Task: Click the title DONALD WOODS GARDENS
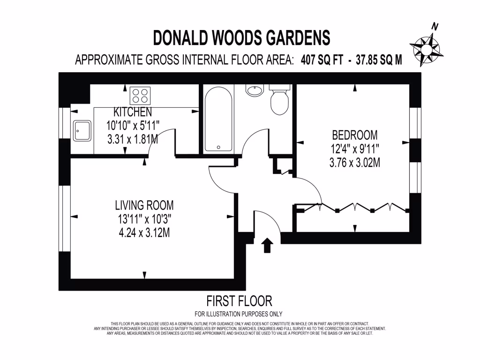click(x=242, y=37)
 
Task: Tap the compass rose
click(x=426, y=48)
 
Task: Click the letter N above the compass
click(x=435, y=27)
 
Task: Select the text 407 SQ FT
click(x=322, y=60)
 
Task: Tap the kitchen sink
click(x=82, y=130)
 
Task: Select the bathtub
click(x=218, y=120)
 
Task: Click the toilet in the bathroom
click(x=280, y=101)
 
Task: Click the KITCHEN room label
click(x=133, y=112)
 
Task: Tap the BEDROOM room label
click(x=354, y=135)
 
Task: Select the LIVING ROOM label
click(x=144, y=205)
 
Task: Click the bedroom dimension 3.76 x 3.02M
click(x=354, y=163)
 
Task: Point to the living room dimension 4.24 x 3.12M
click(x=144, y=232)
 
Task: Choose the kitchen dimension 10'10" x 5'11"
click(x=133, y=126)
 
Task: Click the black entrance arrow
click(x=268, y=245)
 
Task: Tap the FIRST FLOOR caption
click(x=239, y=300)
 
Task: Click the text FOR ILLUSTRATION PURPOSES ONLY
click(x=239, y=314)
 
